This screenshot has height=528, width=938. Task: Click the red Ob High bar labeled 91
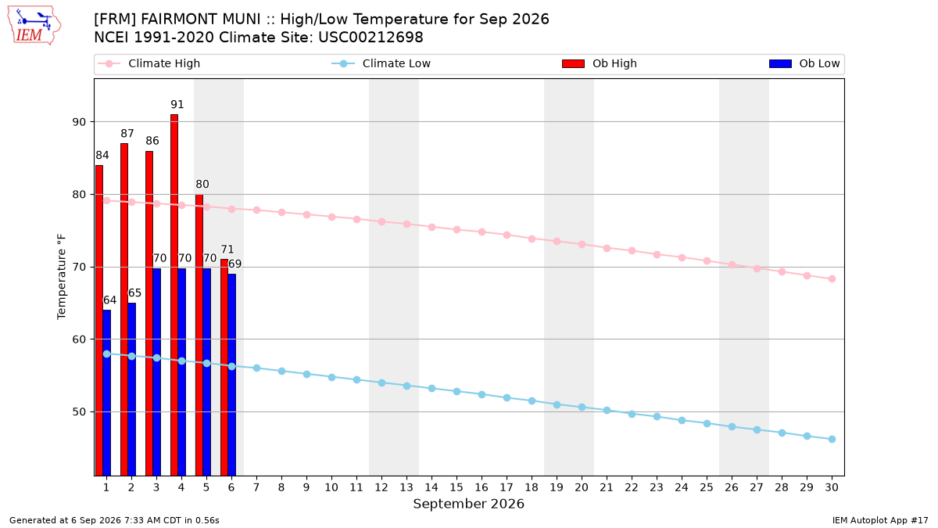174,295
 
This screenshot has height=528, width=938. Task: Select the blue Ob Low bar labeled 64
107,393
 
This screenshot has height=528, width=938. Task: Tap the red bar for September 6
224,368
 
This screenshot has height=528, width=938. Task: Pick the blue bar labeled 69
232,375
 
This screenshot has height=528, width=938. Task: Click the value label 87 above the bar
127,133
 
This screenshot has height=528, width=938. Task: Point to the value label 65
134,293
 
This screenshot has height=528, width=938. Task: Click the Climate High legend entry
149,63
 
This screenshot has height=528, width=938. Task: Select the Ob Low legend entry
804,63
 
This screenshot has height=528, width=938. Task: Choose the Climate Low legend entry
381,63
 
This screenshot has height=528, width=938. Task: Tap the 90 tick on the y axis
79,122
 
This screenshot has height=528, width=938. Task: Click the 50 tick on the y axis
79,412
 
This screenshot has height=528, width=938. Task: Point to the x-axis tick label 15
456,487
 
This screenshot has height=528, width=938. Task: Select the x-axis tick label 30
832,487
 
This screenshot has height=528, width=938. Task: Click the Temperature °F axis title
62,277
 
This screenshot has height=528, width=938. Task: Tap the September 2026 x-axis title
468,504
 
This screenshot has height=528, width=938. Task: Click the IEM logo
34,26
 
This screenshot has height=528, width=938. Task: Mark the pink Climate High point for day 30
832,279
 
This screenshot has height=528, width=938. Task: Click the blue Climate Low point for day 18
532,401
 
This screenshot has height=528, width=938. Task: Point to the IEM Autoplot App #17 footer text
880,520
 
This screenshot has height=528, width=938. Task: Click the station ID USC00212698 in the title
371,38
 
